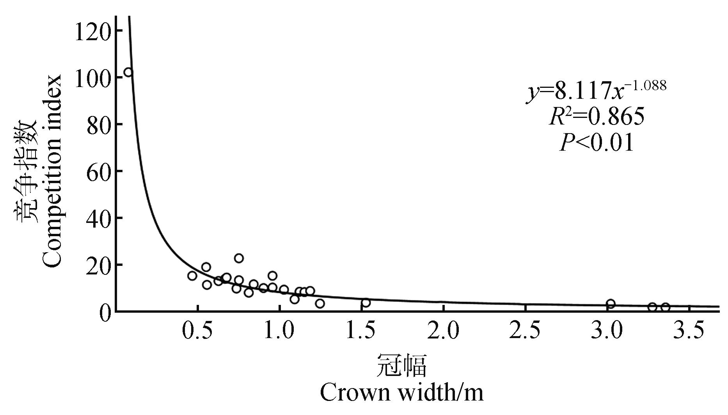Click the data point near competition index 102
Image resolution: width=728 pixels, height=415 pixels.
pos(128,72)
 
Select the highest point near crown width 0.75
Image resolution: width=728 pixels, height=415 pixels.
pos(239,258)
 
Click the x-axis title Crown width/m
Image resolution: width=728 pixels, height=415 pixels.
pos(401,392)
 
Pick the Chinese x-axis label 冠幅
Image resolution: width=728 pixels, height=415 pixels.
pos(401,365)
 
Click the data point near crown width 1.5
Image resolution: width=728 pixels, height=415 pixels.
pos(366,303)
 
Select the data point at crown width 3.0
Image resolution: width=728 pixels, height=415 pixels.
pos(611,304)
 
